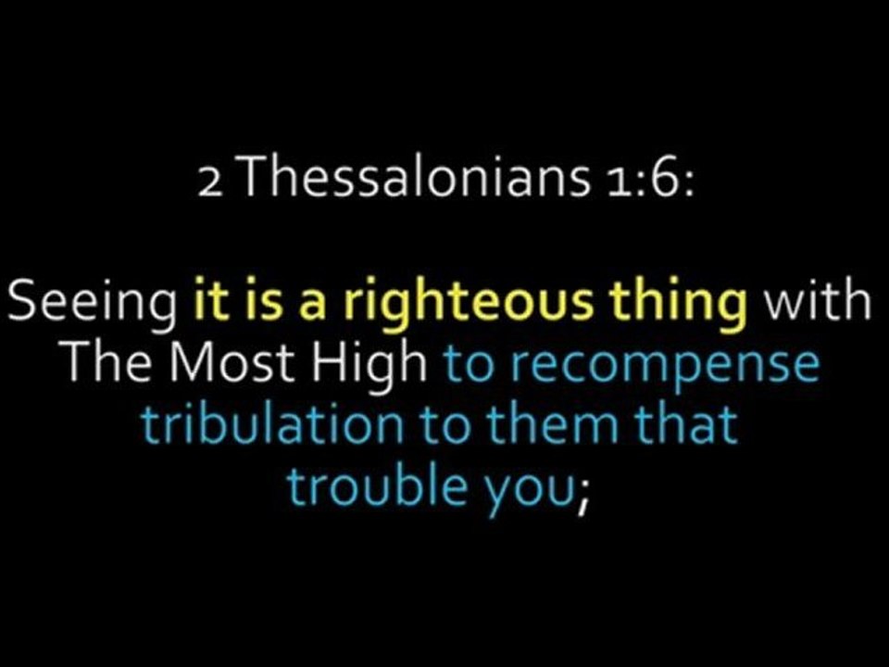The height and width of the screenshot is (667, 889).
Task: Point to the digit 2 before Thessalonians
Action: click(x=210, y=182)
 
